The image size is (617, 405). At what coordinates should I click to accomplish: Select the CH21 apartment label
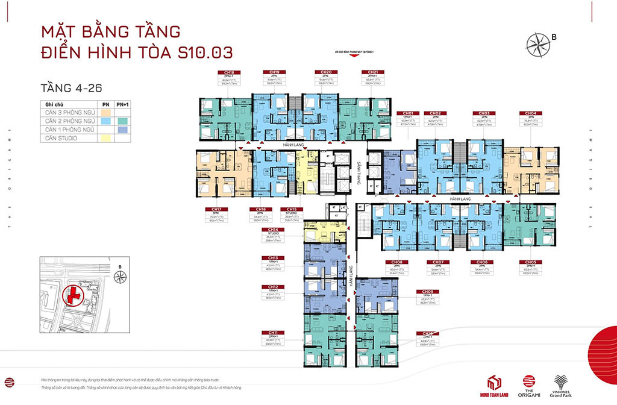pos(372,72)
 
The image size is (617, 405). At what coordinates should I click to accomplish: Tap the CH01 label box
pos(408,113)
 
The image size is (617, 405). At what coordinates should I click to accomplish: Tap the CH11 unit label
pos(273,332)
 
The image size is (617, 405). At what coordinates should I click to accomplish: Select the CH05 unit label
pos(530,262)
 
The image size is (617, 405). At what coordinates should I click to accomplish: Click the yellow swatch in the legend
pos(105,138)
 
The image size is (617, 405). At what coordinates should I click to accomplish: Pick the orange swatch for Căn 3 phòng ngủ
pos(105,112)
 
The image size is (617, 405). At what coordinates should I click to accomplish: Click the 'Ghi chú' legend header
pos(54,104)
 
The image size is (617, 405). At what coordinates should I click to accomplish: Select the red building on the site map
pos(74,296)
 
